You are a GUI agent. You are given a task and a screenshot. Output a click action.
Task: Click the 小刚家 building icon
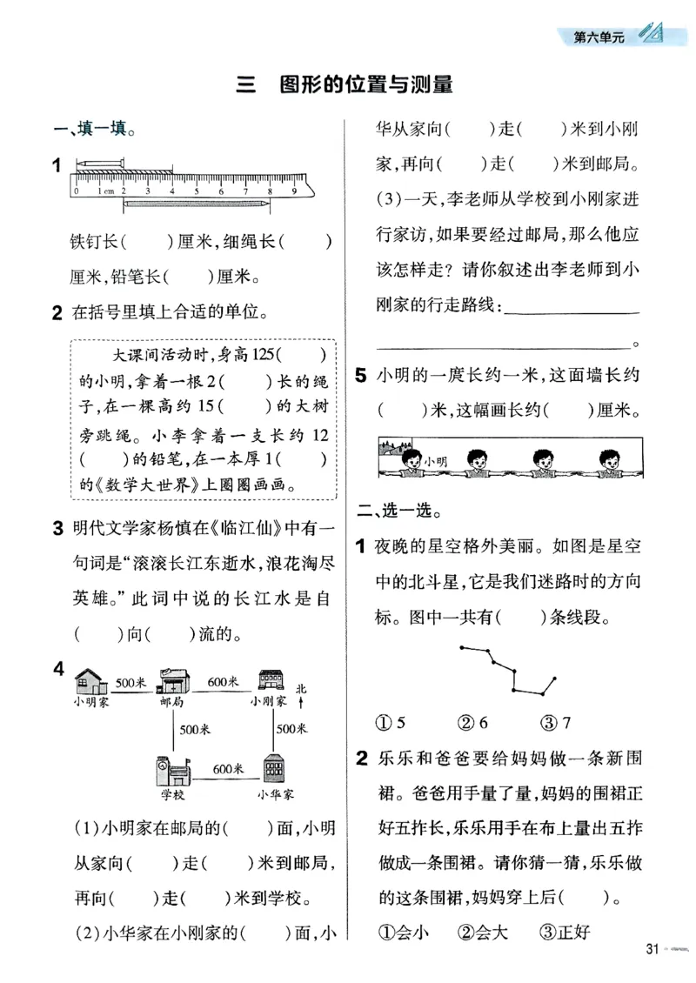coord(269,679)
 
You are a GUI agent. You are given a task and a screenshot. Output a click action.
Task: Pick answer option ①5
coord(391,721)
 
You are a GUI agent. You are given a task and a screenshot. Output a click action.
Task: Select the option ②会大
coord(483,932)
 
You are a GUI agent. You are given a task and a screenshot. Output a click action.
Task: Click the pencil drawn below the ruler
coord(196,203)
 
